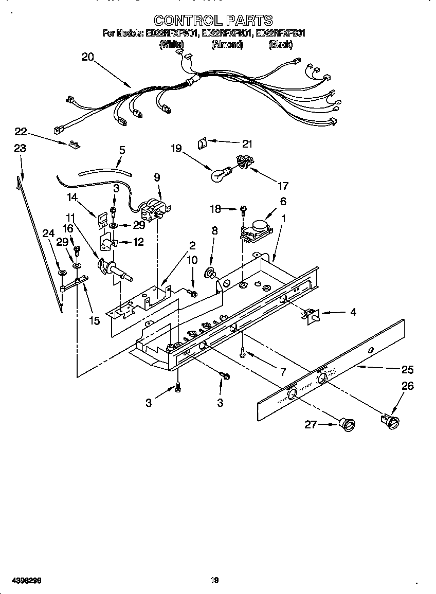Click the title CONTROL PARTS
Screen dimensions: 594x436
(x=213, y=20)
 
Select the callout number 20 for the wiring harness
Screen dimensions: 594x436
(x=88, y=57)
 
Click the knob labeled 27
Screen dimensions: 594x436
(x=348, y=424)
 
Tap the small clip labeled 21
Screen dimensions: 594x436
(x=203, y=142)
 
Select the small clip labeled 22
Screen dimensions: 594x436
(x=75, y=145)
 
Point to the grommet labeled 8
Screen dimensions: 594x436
(x=211, y=272)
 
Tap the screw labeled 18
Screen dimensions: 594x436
(x=244, y=209)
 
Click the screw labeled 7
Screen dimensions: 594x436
(x=242, y=352)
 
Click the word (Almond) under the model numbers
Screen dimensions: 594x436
(x=227, y=45)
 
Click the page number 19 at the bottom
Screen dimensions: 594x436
(x=215, y=580)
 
